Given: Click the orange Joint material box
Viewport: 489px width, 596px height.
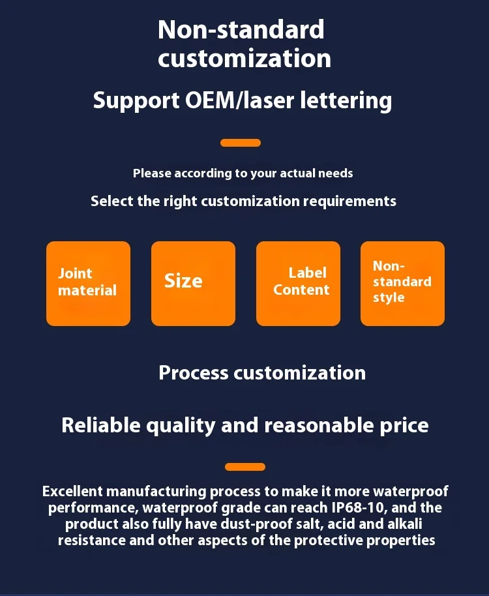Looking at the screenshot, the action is tap(88, 283).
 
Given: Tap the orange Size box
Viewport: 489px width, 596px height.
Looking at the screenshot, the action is tap(193, 283).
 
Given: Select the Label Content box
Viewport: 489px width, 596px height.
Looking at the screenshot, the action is tap(298, 283).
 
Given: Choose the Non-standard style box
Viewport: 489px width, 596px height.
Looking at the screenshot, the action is tap(402, 283).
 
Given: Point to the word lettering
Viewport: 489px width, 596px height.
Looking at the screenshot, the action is tap(346, 100).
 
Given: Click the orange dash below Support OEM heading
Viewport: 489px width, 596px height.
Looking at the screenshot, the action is tap(241, 143).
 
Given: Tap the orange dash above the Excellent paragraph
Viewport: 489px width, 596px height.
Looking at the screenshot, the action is tap(245, 467).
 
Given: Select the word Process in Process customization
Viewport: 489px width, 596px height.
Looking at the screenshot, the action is tap(194, 373).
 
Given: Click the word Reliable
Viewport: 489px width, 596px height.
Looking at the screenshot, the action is tap(100, 425).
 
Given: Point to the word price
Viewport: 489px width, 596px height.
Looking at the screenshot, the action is tap(404, 425).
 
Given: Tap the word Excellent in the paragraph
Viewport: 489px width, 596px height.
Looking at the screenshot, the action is tap(72, 491).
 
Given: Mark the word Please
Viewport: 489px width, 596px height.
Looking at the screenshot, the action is tap(151, 173).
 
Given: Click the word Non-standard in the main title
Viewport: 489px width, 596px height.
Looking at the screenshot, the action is tap(241, 29).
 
